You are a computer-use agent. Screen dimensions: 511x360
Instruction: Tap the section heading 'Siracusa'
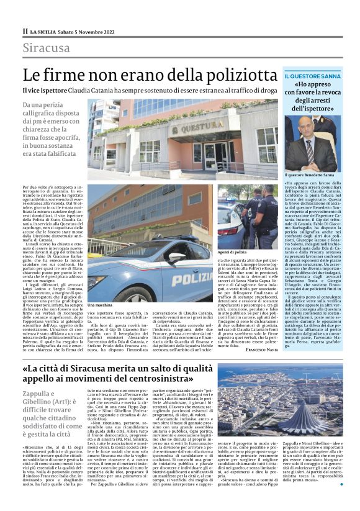tap(47, 48)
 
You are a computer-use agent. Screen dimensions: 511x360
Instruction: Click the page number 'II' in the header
tap(25, 30)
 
